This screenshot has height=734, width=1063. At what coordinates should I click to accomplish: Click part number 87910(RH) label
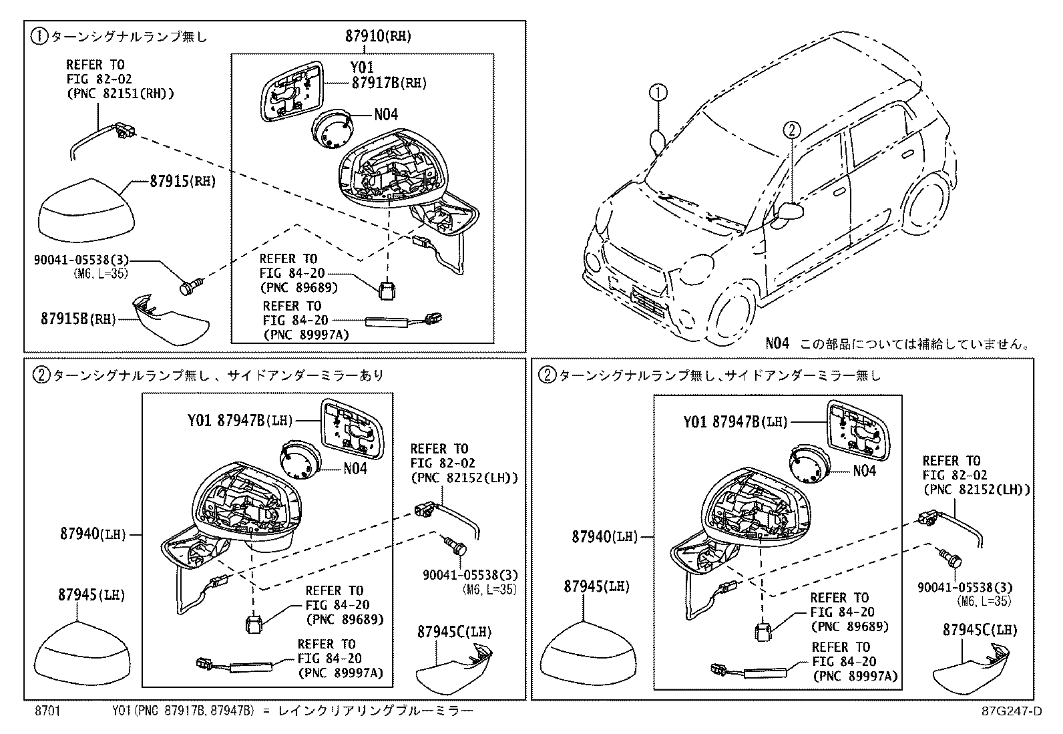pos(378,37)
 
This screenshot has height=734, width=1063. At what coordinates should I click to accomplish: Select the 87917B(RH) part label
pos(388,83)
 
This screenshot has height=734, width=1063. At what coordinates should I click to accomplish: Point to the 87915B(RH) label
pos(76,319)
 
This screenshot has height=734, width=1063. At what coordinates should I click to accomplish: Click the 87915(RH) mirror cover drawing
pos(86,210)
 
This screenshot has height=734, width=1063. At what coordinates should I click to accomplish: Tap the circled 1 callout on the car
pos(658,93)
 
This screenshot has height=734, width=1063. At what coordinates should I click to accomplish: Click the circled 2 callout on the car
pos(791,129)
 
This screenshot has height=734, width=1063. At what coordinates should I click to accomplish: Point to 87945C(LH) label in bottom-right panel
pos(980,629)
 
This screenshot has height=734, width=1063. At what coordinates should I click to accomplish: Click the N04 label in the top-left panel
pos(385,115)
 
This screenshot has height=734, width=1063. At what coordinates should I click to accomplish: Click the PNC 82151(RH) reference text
pos(120,94)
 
